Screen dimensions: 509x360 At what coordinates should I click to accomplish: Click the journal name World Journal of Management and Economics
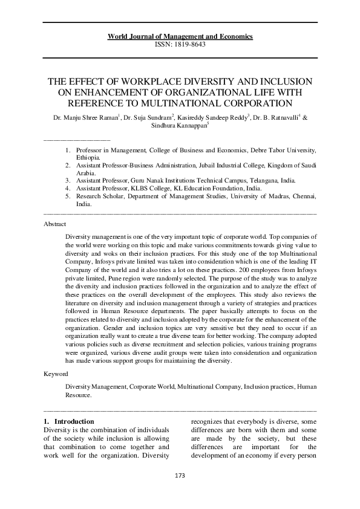click(x=180, y=37)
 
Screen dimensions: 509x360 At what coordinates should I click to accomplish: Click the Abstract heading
click(x=55, y=223)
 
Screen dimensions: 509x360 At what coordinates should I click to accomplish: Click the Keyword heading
click(x=56, y=374)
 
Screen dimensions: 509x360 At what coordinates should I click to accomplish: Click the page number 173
click(x=180, y=475)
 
